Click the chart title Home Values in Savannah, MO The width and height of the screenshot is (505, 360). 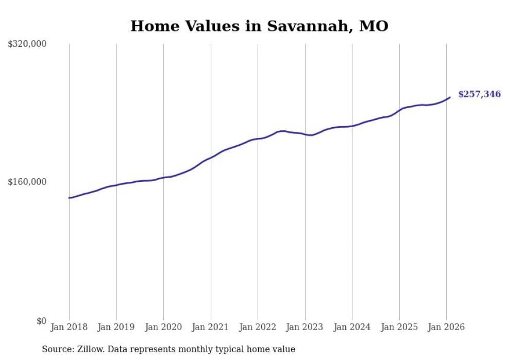(x=259, y=26)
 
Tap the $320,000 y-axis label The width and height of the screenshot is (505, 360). (x=27, y=44)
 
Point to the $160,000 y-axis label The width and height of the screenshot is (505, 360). (x=27, y=182)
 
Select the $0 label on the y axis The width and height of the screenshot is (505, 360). (x=41, y=321)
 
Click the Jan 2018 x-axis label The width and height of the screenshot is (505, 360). (x=69, y=327)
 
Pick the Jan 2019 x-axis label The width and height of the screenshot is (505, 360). (x=116, y=327)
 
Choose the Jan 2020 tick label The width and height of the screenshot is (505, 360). (x=163, y=327)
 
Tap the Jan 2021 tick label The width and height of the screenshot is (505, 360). (x=211, y=327)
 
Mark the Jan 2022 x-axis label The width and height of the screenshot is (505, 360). (x=258, y=327)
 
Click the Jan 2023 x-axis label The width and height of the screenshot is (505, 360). (x=305, y=327)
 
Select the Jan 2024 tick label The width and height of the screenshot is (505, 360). (x=352, y=327)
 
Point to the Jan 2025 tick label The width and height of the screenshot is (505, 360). (x=399, y=327)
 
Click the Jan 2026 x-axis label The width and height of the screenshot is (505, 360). (x=446, y=327)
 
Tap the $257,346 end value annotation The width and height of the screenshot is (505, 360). (x=479, y=94)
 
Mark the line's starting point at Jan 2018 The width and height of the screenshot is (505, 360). (x=70, y=198)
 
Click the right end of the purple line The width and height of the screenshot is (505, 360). (x=450, y=97)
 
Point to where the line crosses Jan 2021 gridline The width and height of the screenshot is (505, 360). (x=211, y=157)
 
